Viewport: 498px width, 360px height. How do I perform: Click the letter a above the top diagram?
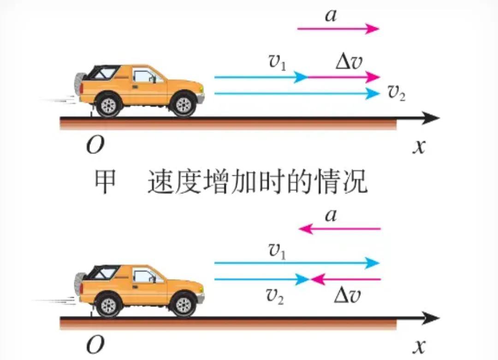[331, 15]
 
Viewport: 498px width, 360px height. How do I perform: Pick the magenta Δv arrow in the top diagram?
[344, 77]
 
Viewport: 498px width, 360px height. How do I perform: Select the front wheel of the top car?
[183, 104]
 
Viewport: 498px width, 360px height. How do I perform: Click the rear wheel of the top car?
[108, 105]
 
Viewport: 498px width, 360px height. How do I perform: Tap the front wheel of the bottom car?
[183, 305]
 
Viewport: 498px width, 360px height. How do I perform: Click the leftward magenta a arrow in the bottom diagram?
[339, 228]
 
